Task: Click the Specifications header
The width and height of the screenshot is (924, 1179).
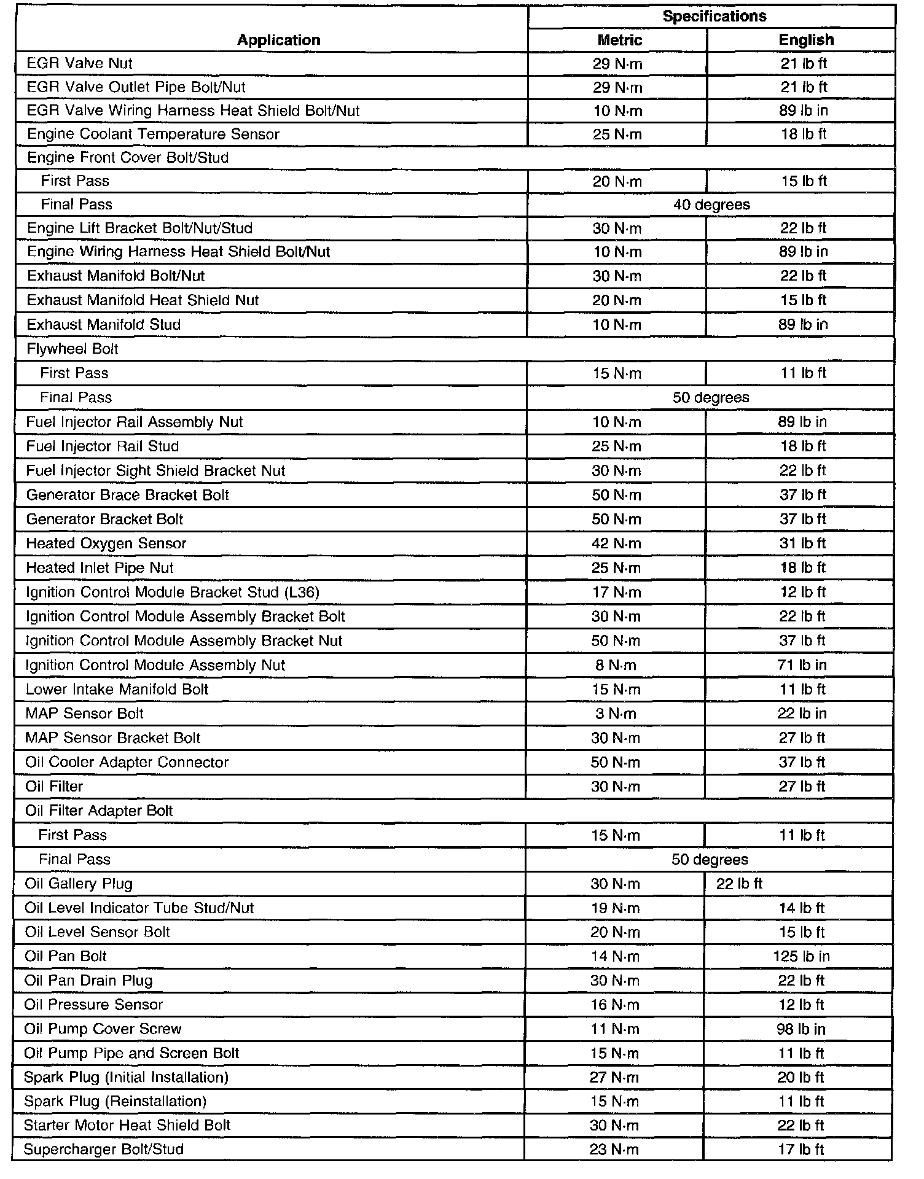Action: (x=714, y=17)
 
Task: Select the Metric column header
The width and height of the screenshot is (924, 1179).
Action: (x=619, y=40)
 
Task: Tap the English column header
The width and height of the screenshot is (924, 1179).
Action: (x=805, y=40)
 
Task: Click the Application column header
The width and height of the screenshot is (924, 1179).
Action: (x=278, y=40)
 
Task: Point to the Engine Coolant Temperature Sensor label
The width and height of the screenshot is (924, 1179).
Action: (x=153, y=134)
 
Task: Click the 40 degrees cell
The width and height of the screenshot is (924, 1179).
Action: (x=711, y=204)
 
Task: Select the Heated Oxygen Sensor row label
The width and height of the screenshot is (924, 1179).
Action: (x=106, y=543)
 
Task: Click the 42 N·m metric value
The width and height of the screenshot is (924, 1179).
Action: (x=616, y=543)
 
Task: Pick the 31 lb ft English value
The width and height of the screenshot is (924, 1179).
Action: (x=803, y=543)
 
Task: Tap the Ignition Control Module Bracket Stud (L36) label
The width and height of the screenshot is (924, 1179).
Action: (x=173, y=592)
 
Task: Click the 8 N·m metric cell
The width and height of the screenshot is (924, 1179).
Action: (x=616, y=665)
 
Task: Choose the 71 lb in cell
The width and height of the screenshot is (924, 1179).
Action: (x=802, y=665)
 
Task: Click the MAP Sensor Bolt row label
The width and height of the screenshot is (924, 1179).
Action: (x=84, y=714)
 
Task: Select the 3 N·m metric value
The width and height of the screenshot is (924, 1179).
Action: (x=616, y=714)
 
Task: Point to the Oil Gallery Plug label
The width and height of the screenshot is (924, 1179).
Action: (x=79, y=884)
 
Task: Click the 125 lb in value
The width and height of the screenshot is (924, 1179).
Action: (x=801, y=956)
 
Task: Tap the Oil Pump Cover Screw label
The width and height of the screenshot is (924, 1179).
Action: (x=103, y=1029)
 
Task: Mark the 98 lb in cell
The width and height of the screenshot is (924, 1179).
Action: (x=801, y=1029)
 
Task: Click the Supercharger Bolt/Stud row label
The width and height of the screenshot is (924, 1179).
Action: (x=103, y=1149)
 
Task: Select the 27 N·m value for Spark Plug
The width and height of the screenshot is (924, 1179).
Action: (x=614, y=1077)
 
